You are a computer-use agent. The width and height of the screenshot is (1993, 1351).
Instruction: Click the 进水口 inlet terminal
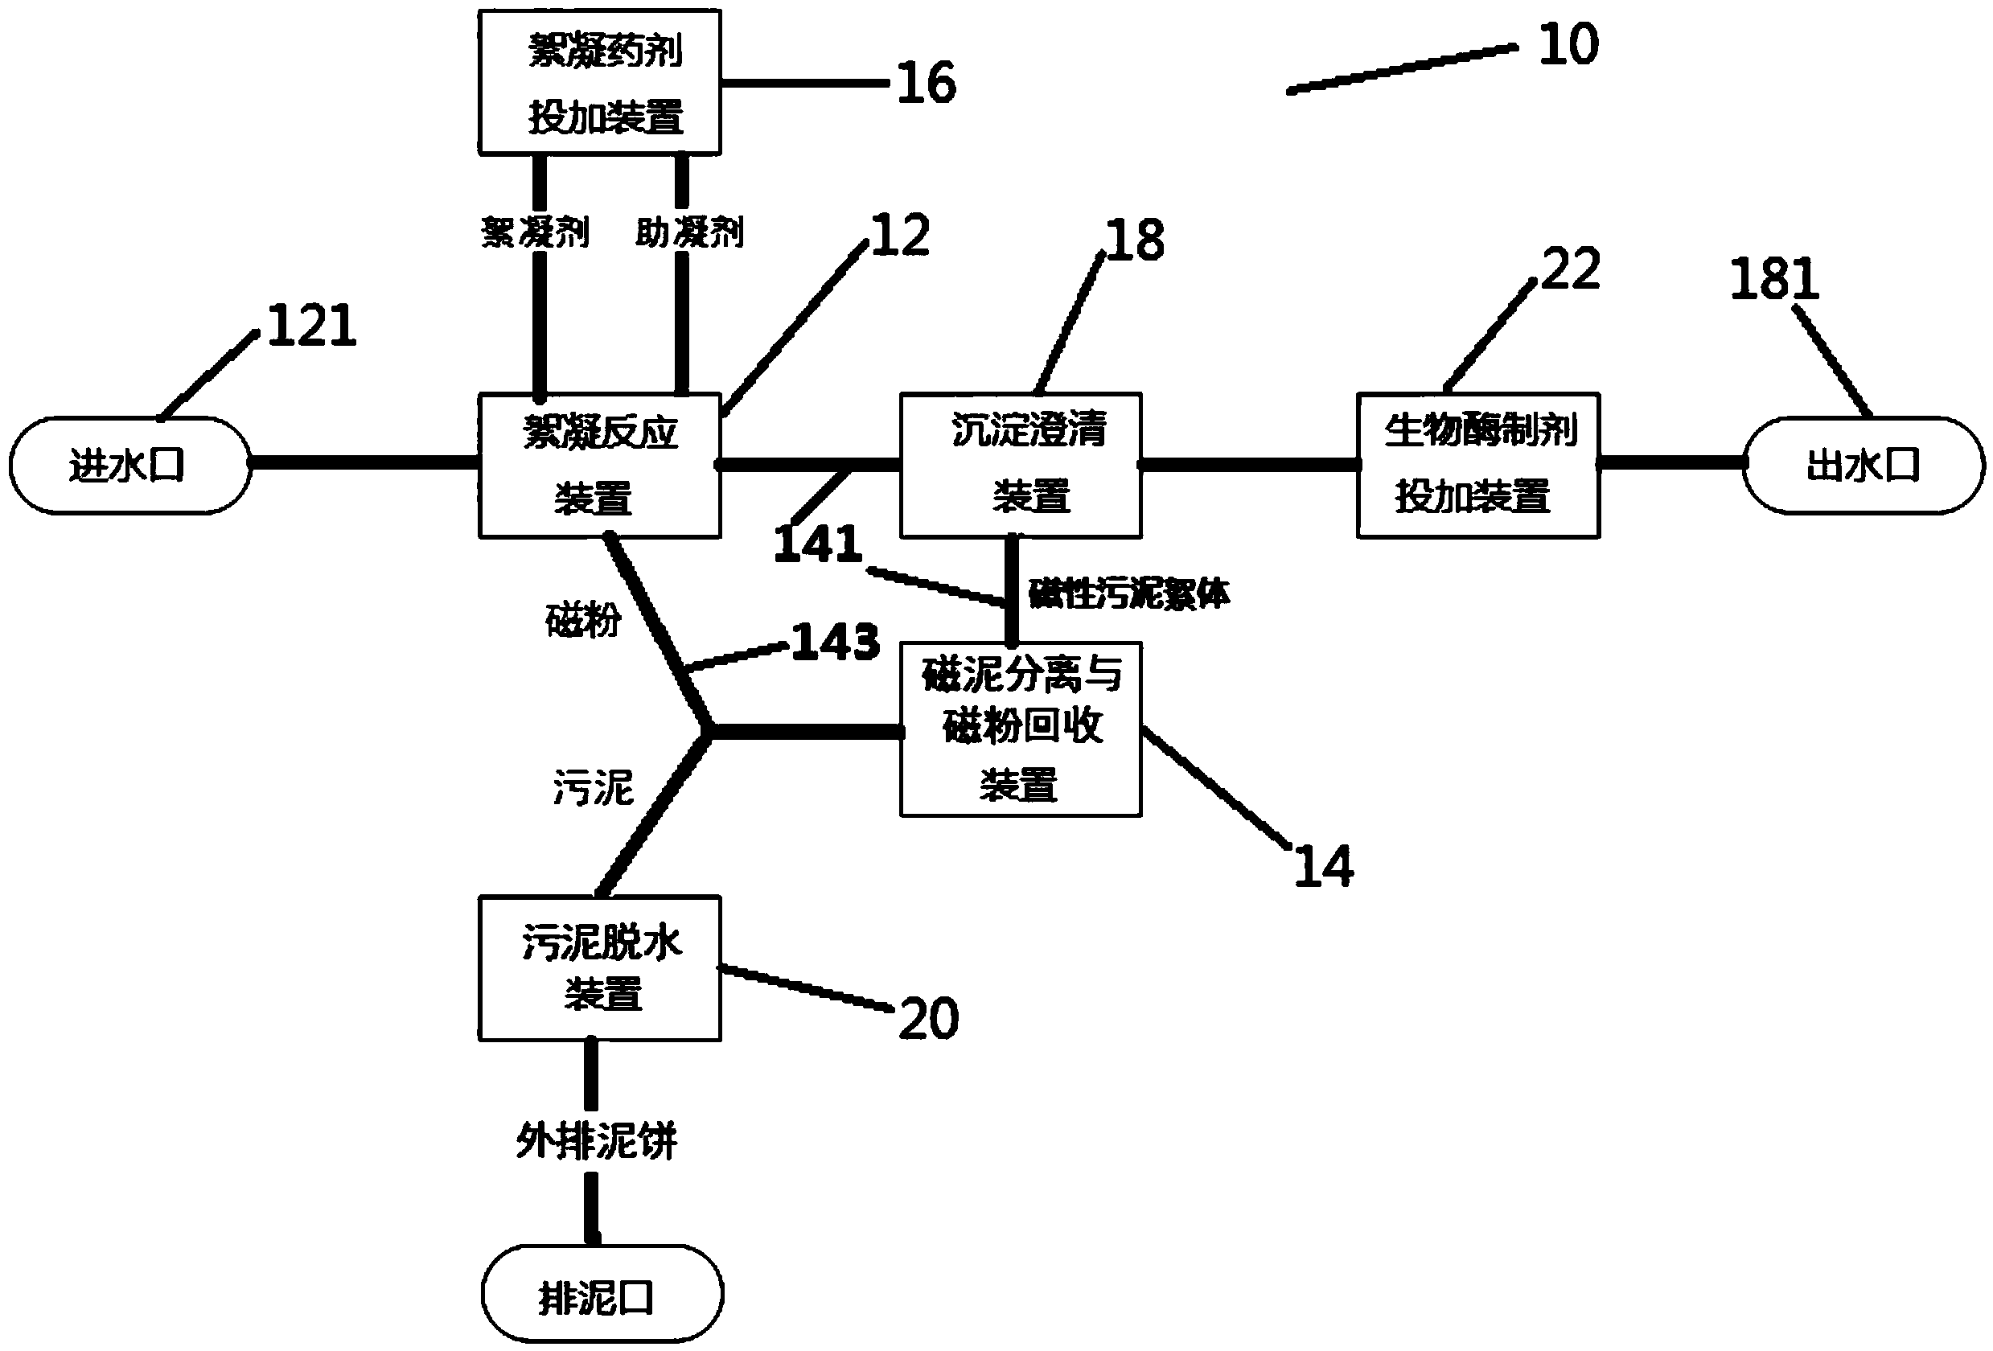[129, 466]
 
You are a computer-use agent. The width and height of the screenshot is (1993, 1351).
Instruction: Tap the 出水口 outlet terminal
[1863, 466]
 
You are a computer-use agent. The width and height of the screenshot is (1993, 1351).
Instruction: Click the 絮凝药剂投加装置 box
[598, 82]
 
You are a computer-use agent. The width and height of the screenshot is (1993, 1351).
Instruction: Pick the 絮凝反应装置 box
[598, 466]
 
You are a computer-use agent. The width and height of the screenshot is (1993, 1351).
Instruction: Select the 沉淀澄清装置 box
[1020, 466]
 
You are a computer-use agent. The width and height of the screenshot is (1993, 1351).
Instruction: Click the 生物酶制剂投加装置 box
[1477, 466]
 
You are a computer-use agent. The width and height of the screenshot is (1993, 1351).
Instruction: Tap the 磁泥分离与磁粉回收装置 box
[1020, 729]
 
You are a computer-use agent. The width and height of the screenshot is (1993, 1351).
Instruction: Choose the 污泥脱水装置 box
[598, 968]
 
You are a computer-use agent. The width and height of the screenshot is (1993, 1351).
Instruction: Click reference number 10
[1568, 44]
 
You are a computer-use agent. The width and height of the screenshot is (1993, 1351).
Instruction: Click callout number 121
[311, 326]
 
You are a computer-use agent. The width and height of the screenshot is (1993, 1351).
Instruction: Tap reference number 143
[834, 641]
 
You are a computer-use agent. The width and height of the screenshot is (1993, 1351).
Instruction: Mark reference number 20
[928, 1018]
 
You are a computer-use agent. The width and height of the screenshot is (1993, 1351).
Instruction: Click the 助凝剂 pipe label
[688, 232]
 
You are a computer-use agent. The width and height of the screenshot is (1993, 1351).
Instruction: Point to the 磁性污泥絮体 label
[1128, 593]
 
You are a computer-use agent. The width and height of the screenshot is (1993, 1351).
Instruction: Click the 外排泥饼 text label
[596, 1140]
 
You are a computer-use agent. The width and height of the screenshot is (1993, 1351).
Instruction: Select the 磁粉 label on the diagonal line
[582, 620]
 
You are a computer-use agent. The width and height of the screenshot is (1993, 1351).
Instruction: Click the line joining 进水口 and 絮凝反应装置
[364, 463]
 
